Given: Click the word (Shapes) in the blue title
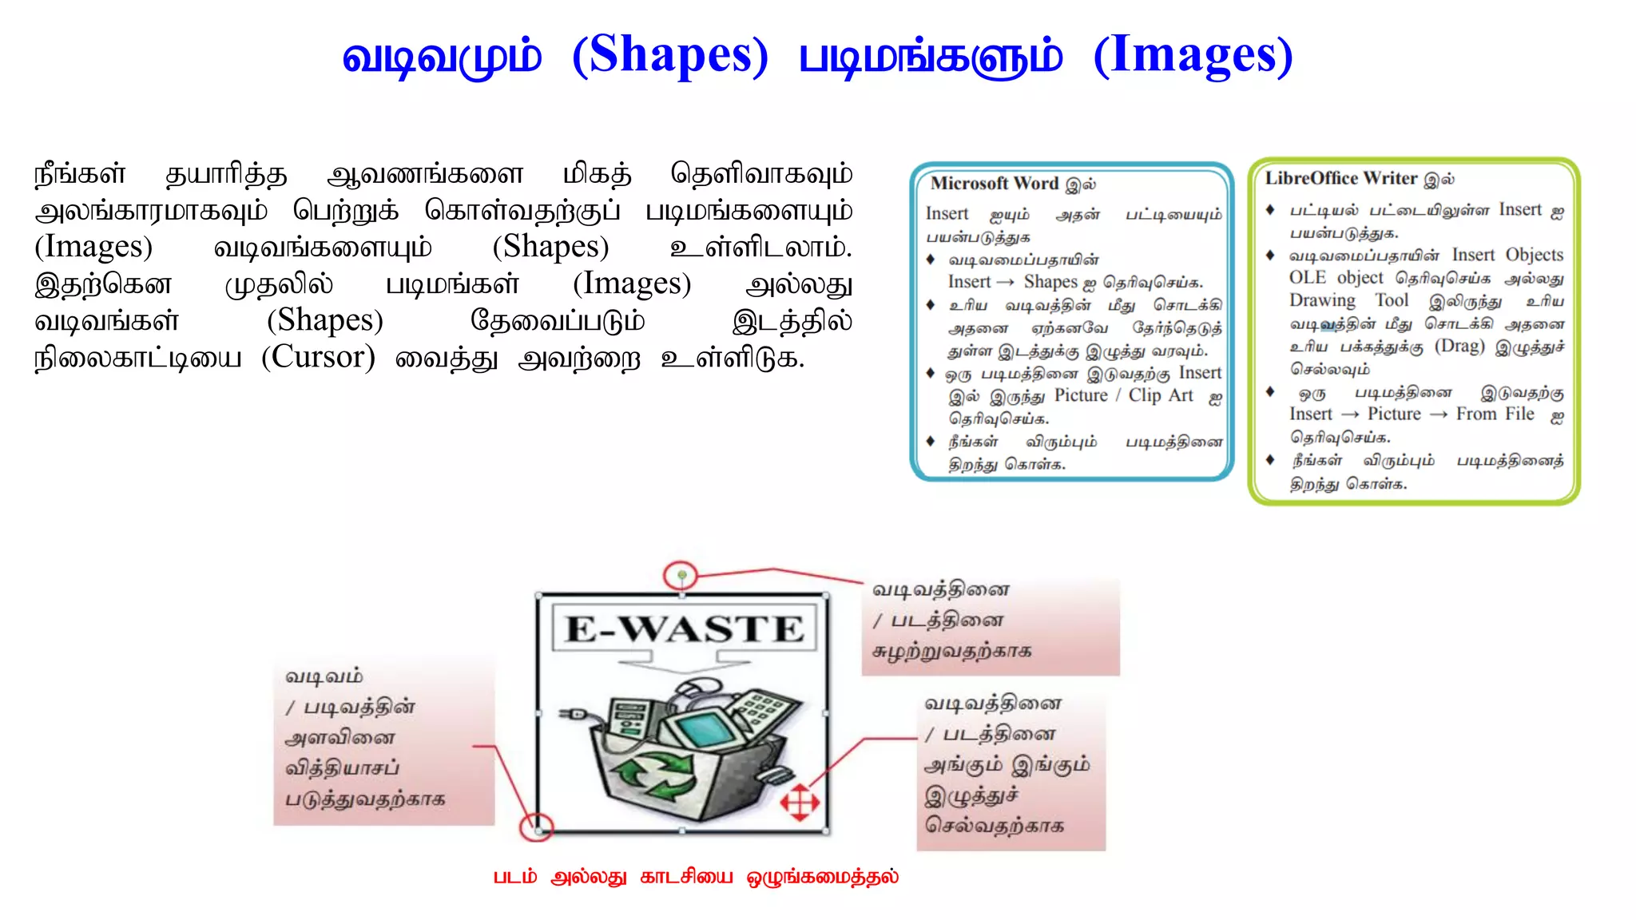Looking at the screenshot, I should coord(670,56).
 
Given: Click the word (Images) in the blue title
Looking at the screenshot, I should coord(1193,56).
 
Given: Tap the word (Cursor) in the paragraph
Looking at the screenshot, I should coord(318,357).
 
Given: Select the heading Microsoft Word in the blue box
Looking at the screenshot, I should coord(995,184).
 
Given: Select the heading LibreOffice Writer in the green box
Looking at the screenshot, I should coord(1340,178).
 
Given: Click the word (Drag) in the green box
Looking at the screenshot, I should coord(1459,346).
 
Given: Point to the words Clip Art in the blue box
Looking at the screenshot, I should coord(1160,395).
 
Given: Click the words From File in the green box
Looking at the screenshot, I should coord(1495,414).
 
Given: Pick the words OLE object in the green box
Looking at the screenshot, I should coord(1336,278).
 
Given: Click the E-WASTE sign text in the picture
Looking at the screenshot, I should coord(685,629).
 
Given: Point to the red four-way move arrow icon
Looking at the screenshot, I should coord(800,802).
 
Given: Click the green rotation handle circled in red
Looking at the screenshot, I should coord(681,575).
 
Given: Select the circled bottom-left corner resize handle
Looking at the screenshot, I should coord(538,829).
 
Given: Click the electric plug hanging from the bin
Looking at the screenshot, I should coord(575,713).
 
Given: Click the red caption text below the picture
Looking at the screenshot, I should coord(695,877).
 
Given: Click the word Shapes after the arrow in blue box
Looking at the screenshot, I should coord(1050,282).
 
